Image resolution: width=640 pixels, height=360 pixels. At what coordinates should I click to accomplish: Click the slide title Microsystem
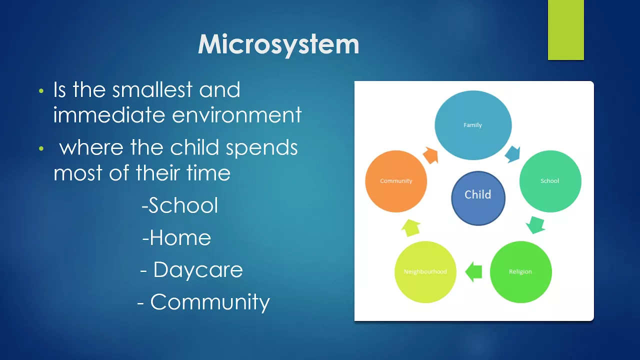(278, 44)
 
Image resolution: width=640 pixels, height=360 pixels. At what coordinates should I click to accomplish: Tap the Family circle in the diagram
(473, 125)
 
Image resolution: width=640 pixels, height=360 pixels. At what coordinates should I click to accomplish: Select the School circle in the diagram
(550, 181)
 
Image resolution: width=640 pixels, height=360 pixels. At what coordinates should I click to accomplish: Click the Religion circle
(521, 271)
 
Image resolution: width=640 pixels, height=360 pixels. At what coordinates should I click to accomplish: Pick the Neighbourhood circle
(425, 271)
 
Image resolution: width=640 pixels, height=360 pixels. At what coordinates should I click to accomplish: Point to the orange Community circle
(396, 181)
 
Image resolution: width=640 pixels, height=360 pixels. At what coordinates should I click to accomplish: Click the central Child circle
(478, 198)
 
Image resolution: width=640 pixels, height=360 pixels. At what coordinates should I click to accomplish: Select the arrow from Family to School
(512, 154)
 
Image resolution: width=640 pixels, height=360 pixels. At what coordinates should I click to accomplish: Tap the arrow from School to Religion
(535, 225)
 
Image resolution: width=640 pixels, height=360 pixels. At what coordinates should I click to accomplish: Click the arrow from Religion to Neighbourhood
(473, 271)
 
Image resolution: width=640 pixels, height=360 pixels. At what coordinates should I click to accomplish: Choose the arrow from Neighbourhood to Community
(411, 227)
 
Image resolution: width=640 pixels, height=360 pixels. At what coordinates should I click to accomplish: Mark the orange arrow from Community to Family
(430, 155)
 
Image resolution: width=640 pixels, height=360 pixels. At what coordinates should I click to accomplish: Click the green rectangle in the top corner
(565, 29)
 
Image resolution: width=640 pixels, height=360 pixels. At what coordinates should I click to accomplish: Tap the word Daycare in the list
(198, 269)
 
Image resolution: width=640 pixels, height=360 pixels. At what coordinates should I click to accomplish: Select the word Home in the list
(180, 237)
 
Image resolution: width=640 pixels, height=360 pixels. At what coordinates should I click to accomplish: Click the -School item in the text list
(179, 205)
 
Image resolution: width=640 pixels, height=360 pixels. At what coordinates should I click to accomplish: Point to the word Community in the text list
(210, 302)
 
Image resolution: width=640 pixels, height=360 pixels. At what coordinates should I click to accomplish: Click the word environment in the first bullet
(236, 115)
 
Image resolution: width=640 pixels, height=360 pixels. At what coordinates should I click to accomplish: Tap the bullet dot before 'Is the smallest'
(41, 91)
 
